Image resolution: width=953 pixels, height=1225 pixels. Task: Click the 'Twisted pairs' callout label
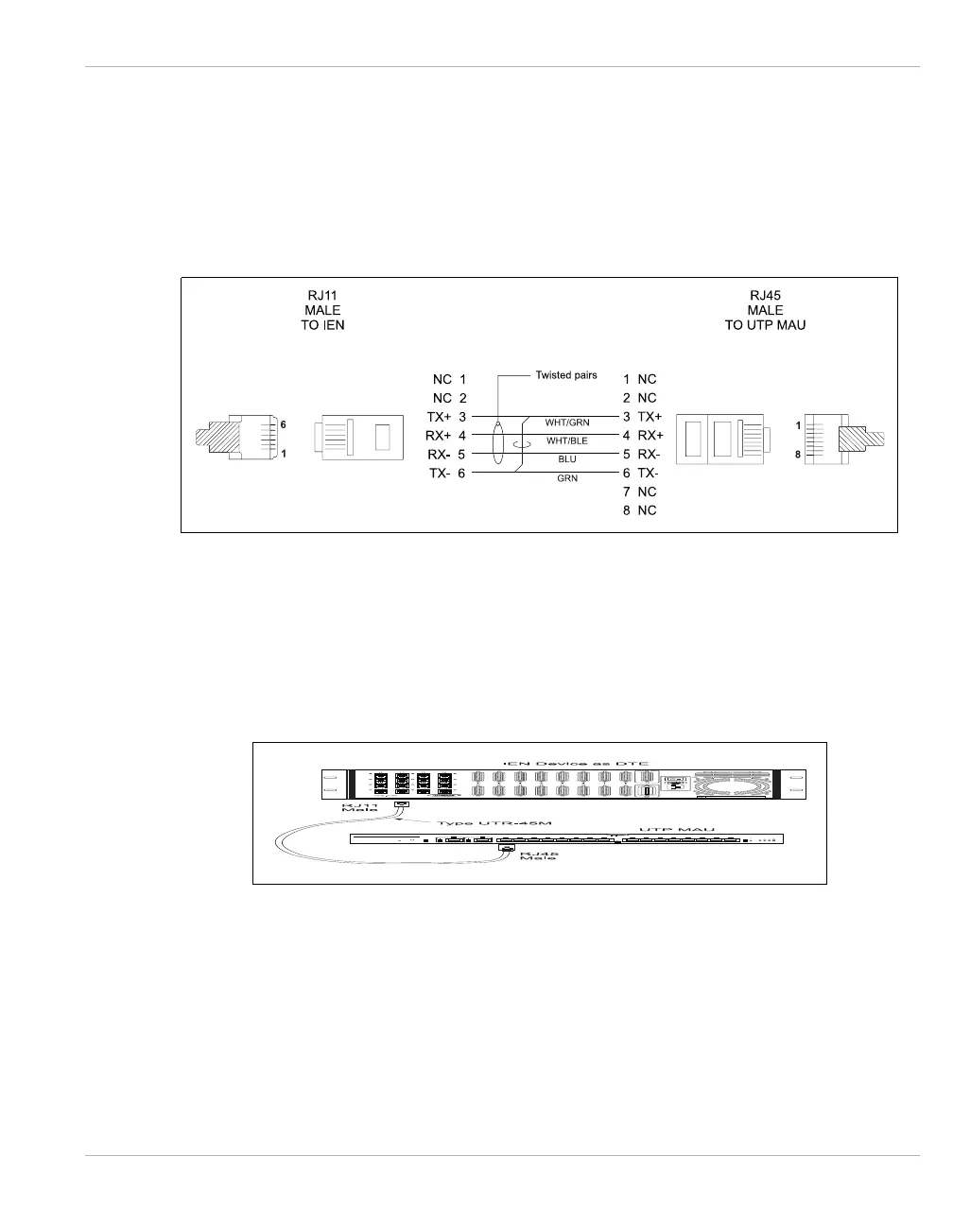(566, 375)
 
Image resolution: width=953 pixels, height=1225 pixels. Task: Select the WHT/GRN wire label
(567, 423)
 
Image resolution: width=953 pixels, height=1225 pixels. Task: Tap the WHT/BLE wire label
(567, 440)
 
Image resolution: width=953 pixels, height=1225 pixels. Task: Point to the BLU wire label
(567, 459)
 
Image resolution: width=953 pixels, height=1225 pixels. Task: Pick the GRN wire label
(567, 478)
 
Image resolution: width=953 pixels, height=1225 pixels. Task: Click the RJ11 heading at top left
(322, 295)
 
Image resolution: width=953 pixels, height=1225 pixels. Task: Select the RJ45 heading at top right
(765, 295)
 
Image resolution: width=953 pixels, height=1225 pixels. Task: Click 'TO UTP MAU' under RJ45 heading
(765, 325)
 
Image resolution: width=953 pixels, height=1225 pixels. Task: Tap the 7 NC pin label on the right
(639, 492)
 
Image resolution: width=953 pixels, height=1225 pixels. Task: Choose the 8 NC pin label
(639, 510)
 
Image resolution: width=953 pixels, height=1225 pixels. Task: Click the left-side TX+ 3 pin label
(447, 417)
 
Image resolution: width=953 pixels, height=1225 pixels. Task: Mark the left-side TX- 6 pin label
(447, 474)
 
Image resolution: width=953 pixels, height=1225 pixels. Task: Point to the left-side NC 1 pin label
(449, 379)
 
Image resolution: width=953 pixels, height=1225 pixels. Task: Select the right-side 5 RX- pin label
(641, 455)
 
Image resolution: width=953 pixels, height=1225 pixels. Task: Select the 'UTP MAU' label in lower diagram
(676, 829)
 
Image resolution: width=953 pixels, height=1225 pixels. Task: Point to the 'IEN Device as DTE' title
(576, 762)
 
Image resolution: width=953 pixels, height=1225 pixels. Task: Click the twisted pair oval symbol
(501, 444)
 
